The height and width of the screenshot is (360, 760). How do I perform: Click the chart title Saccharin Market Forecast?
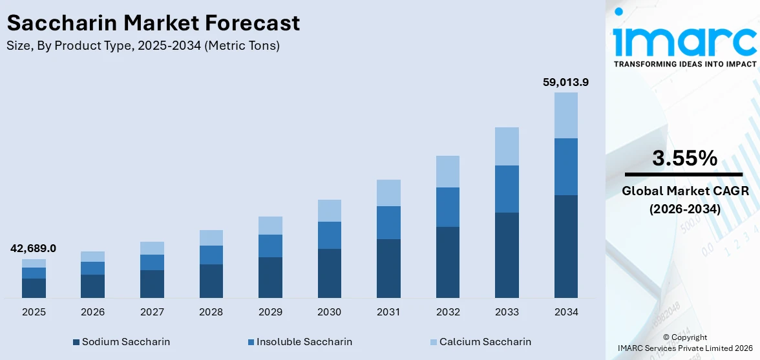(x=153, y=23)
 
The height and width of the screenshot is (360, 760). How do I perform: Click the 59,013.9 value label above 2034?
(x=565, y=82)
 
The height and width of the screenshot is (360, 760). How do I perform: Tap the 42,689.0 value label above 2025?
(x=33, y=248)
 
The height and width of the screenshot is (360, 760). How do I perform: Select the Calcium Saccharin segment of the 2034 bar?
(x=565, y=115)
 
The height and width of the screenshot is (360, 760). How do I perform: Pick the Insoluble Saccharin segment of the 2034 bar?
(x=565, y=166)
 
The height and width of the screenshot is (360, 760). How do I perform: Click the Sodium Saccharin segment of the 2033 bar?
(x=507, y=255)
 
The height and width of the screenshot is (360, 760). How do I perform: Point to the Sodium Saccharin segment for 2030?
(x=329, y=273)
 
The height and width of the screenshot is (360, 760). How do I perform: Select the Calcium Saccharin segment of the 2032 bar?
(x=447, y=171)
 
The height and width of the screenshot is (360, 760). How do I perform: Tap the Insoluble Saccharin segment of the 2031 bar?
(x=388, y=222)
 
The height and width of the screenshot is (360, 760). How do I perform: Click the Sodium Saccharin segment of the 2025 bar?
(x=34, y=288)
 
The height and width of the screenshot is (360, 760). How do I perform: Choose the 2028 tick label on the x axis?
(x=211, y=312)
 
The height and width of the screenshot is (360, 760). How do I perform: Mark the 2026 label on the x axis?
(x=92, y=312)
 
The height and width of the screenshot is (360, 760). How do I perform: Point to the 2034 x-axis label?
(x=565, y=312)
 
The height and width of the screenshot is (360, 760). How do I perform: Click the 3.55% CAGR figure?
(x=684, y=158)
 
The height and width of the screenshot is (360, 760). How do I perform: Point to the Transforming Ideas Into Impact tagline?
(x=684, y=64)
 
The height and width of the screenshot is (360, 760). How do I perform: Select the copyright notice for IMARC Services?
(x=684, y=343)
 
